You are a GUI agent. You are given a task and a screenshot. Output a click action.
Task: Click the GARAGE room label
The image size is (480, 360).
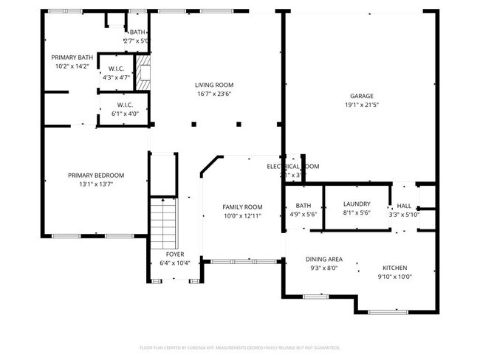[x=361, y=95]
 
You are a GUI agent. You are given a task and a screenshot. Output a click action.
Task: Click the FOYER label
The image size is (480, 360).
[x=176, y=254]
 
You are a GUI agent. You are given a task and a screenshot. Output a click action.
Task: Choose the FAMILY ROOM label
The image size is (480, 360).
[x=243, y=207]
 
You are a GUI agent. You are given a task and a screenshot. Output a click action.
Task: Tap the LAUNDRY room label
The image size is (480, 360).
[x=356, y=204]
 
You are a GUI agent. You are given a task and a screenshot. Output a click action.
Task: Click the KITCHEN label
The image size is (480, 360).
[x=394, y=268]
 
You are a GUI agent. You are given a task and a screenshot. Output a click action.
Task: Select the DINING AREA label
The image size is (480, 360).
[x=324, y=259]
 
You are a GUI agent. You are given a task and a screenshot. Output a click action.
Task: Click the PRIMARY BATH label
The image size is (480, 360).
[x=72, y=57]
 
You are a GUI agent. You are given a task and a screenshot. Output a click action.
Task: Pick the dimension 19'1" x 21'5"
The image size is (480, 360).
[x=361, y=105]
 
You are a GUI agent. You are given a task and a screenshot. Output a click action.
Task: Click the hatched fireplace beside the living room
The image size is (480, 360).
[x=145, y=74]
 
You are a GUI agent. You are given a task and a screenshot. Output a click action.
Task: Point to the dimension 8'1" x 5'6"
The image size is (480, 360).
[x=356, y=212]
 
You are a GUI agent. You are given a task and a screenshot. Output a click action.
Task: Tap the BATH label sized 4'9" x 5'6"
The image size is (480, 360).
[x=303, y=205]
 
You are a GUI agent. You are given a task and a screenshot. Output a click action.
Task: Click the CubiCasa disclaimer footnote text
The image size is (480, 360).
[x=239, y=347]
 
